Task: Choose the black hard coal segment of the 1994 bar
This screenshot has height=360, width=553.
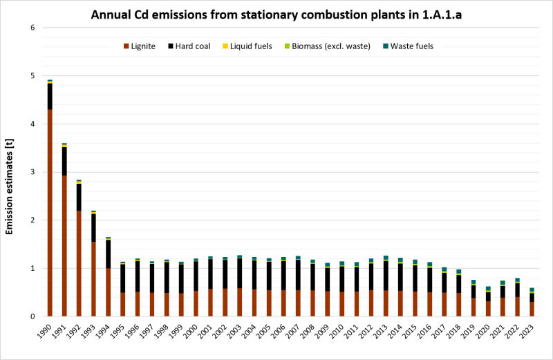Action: (108, 254)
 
